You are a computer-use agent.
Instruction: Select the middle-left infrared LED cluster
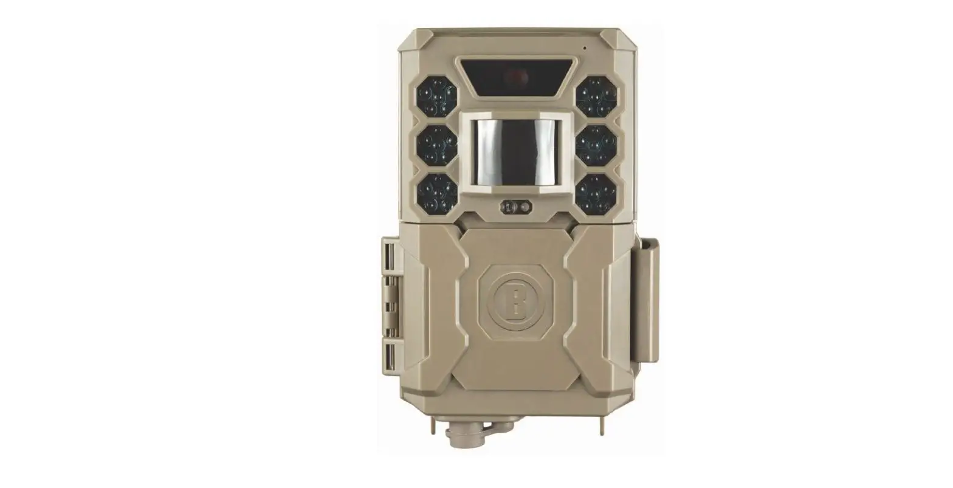436,145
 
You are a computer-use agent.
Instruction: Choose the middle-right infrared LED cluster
597,145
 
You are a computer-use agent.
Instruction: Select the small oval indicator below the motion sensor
517,207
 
